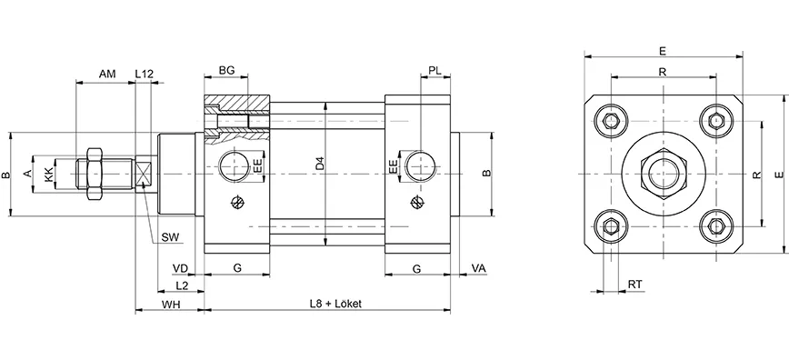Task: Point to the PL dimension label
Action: pyautogui.click(x=435, y=71)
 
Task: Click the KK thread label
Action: pyautogui.click(x=49, y=172)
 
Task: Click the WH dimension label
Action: pyautogui.click(x=170, y=303)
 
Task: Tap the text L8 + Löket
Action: pyautogui.click(x=335, y=303)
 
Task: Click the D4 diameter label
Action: pyautogui.click(x=319, y=165)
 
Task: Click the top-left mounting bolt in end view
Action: pyautogui.click(x=611, y=122)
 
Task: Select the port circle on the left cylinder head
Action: pyautogui.click(x=235, y=165)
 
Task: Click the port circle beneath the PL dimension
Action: pyautogui.click(x=419, y=165)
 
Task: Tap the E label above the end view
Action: pyautogui.click(x=663, y=51)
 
